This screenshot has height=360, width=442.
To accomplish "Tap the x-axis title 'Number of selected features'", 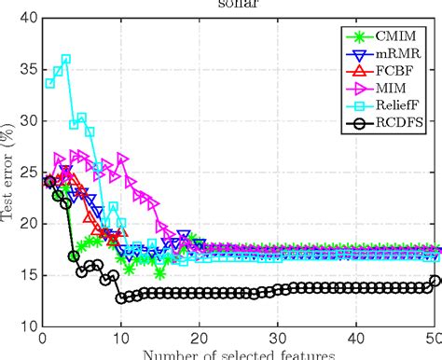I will pyautogui.click(x=239, y=354).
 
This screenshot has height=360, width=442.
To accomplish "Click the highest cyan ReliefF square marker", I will pyautogui.click(x=65, y=59).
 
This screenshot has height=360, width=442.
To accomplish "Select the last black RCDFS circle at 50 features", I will pyautogui.click(x=435, y=281).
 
